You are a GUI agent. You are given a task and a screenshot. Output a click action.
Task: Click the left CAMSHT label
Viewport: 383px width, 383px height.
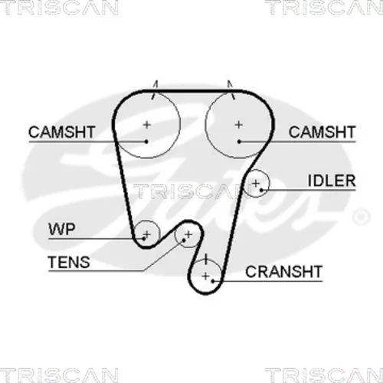pos(62,132)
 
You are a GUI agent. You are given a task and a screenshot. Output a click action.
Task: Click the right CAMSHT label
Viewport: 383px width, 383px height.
pos(322,132)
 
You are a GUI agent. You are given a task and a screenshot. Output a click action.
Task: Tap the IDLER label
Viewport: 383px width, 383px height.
pos(332,181)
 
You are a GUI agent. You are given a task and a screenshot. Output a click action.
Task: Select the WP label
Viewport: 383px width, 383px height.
pos(62,229)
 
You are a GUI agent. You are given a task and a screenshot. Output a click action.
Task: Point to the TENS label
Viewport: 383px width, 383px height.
pos(69,262)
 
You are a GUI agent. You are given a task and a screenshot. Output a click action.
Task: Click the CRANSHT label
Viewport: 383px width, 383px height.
pos(283,271)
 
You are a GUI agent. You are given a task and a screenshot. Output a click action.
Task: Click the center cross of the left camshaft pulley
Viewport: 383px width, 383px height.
pos(146,125)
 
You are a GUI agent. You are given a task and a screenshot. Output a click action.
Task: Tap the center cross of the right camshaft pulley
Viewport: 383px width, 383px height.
pos(239,125)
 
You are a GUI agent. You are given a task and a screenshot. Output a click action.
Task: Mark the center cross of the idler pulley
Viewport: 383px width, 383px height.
pos(256,183)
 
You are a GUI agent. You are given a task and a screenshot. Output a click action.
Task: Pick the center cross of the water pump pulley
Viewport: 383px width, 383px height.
pos(147,234)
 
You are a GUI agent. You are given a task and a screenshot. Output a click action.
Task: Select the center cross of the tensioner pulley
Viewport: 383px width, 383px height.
pos(188,234)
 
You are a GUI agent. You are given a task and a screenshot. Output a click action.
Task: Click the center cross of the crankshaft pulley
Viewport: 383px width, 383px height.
pos(205,276)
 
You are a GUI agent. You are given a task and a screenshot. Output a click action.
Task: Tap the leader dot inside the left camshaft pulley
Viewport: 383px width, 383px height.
pos(146,141)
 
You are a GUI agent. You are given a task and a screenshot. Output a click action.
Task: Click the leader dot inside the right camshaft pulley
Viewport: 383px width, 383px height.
pos(239,141)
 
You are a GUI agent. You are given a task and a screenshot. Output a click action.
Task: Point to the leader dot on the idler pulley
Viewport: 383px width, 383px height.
pos(261,190)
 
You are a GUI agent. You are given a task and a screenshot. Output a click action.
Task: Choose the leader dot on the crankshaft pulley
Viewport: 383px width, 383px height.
pos(213,281)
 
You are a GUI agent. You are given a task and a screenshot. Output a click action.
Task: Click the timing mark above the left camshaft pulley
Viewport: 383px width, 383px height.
pos(155,90)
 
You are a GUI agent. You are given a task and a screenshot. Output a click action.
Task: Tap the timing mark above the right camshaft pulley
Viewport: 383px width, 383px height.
pos(231,90)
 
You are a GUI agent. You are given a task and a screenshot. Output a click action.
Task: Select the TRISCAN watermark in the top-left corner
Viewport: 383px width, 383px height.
pos(59,7)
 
